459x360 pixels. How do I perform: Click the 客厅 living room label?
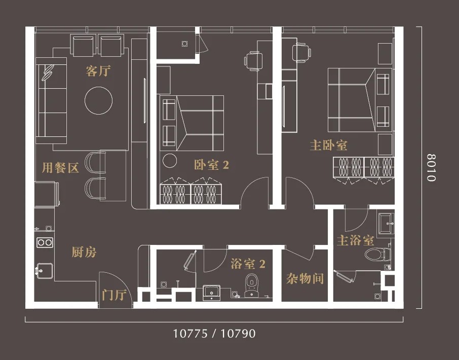[x=98, y=71]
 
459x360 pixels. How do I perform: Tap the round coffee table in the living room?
[x=99, y=100]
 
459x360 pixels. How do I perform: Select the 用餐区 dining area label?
[x=61, y=168]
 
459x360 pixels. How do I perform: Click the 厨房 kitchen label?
[x=84, y=252]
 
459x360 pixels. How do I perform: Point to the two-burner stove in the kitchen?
[x=45, y=242]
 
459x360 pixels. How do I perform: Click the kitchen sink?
[x=44, y=271]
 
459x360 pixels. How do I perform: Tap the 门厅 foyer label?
[x=114, y=295]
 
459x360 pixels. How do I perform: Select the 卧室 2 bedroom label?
[x=211, y=165]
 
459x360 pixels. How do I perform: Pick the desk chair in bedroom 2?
[x=252, y=61]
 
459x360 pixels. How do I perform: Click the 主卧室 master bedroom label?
[x=328, y=146]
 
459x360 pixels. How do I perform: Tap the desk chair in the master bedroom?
[x=301, y=53]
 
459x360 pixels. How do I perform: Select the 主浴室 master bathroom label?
[x=355, y=240]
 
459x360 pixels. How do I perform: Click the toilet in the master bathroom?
[x=377, y=254]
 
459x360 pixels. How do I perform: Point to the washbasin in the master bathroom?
[x=387, y=224]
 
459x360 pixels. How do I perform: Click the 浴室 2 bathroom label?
[x=248, y=264]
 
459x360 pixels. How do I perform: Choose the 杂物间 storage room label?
[x=305, y=278]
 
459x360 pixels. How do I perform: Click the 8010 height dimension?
[x=431, y=167]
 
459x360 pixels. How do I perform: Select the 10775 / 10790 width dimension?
[x=214, y=333]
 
